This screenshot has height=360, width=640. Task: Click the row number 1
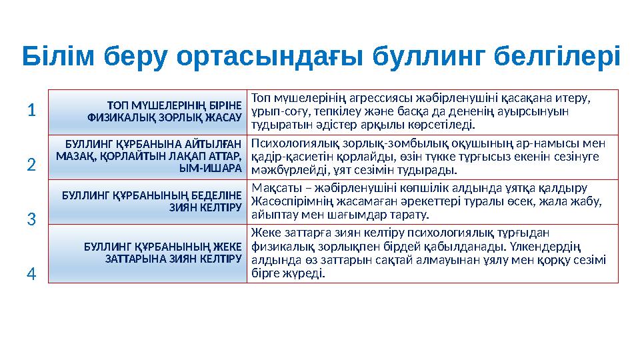32,110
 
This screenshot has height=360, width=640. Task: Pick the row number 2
32,164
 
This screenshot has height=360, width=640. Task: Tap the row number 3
32,218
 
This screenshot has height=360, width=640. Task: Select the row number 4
32,273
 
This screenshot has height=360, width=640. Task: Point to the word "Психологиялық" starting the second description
287,143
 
